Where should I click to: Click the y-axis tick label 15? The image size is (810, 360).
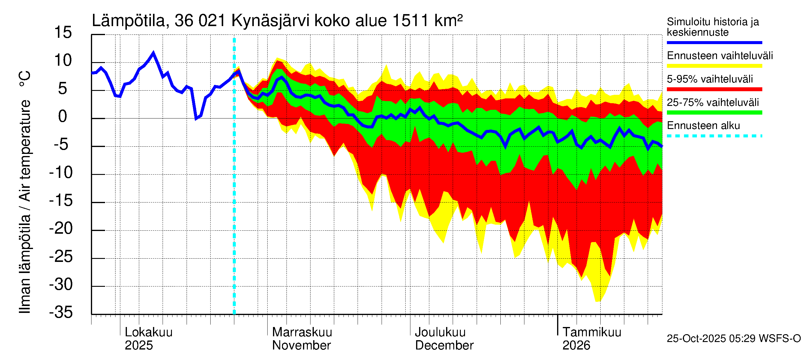(63, 32)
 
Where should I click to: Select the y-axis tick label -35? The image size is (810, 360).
(61, 312)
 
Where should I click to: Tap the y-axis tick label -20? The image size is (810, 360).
(61, 228)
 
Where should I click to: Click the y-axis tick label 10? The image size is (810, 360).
(63, 60)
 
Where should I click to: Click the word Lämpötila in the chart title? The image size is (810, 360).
(129, 21)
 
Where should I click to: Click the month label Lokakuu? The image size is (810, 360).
(148, 332)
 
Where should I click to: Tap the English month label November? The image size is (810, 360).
(301, 345)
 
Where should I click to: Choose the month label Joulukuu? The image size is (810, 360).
(440, 332)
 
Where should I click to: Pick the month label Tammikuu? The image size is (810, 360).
(592, 332)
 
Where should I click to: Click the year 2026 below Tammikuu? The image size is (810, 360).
(576, 345)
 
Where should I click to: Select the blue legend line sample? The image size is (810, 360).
(714, 42)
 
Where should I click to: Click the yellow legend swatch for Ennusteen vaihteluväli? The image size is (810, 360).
(714, 66)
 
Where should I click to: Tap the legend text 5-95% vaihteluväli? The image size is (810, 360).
(710, 79)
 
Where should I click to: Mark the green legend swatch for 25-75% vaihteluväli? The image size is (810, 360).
(714, 112)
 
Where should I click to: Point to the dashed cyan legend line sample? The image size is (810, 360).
(714, 136)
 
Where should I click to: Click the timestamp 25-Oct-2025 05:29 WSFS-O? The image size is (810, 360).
(733, 338)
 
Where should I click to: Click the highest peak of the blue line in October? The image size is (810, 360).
(153, 53)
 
